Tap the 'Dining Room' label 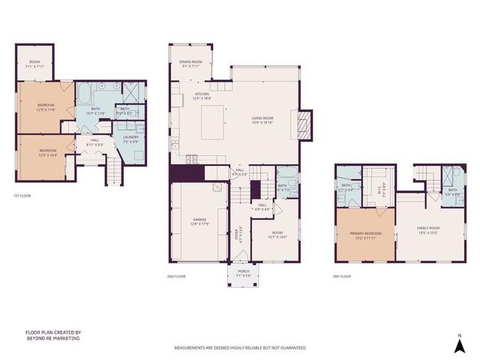[x=190, y=64]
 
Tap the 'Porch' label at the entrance [x=243, y=273]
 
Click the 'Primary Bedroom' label [x=365, y=235]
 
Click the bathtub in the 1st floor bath [x=85, y=96]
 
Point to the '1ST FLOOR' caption [x=22, y=196]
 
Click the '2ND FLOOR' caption [x=176, y=277]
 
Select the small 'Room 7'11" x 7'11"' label [x=34, y=64]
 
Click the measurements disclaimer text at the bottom [x=240, y=348]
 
